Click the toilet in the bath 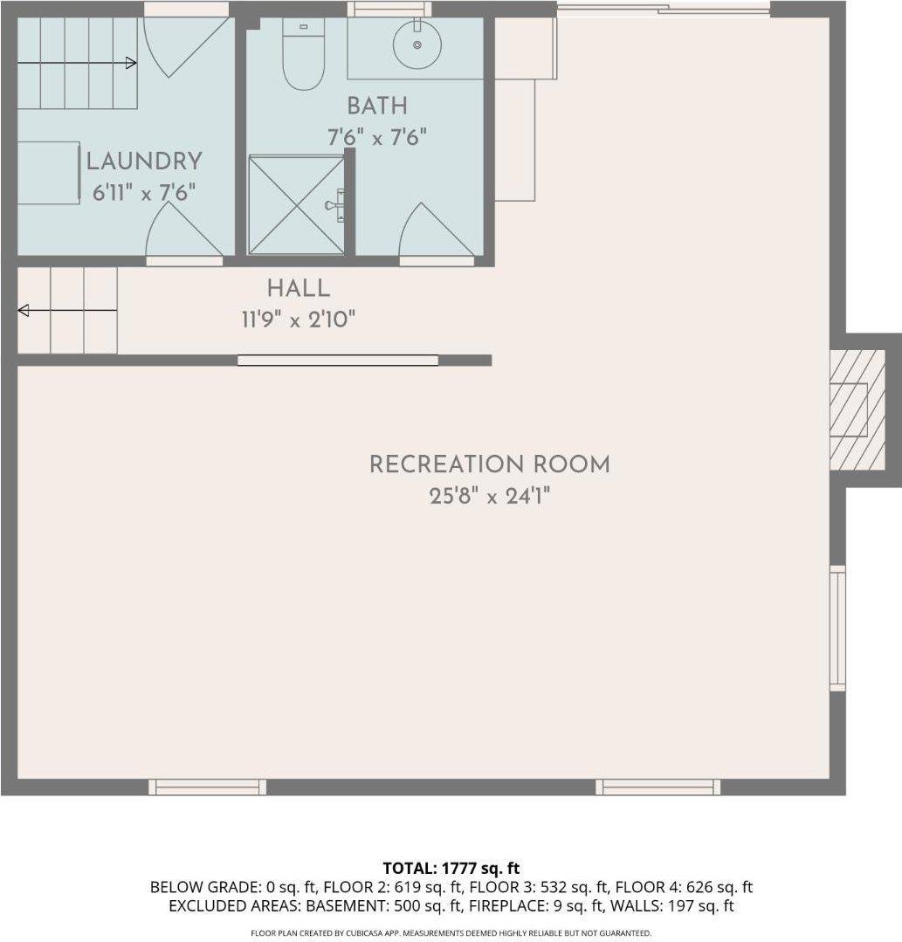click(x=304, y=58)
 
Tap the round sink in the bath click(x=417, y=42)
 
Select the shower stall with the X click(x=296, y=205)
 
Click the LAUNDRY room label click(x=144, y=162)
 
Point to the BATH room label click(x=377, y=107)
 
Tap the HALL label click(x=299, y=288)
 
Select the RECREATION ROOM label click(x=489, y=464)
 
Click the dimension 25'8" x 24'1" click(x=489, y=497)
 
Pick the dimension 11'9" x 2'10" click(x=299, y=320)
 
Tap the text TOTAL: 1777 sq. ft click(x=451, y=868)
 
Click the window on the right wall click(x=837, y=628)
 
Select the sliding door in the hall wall click(x=338, y=360)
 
